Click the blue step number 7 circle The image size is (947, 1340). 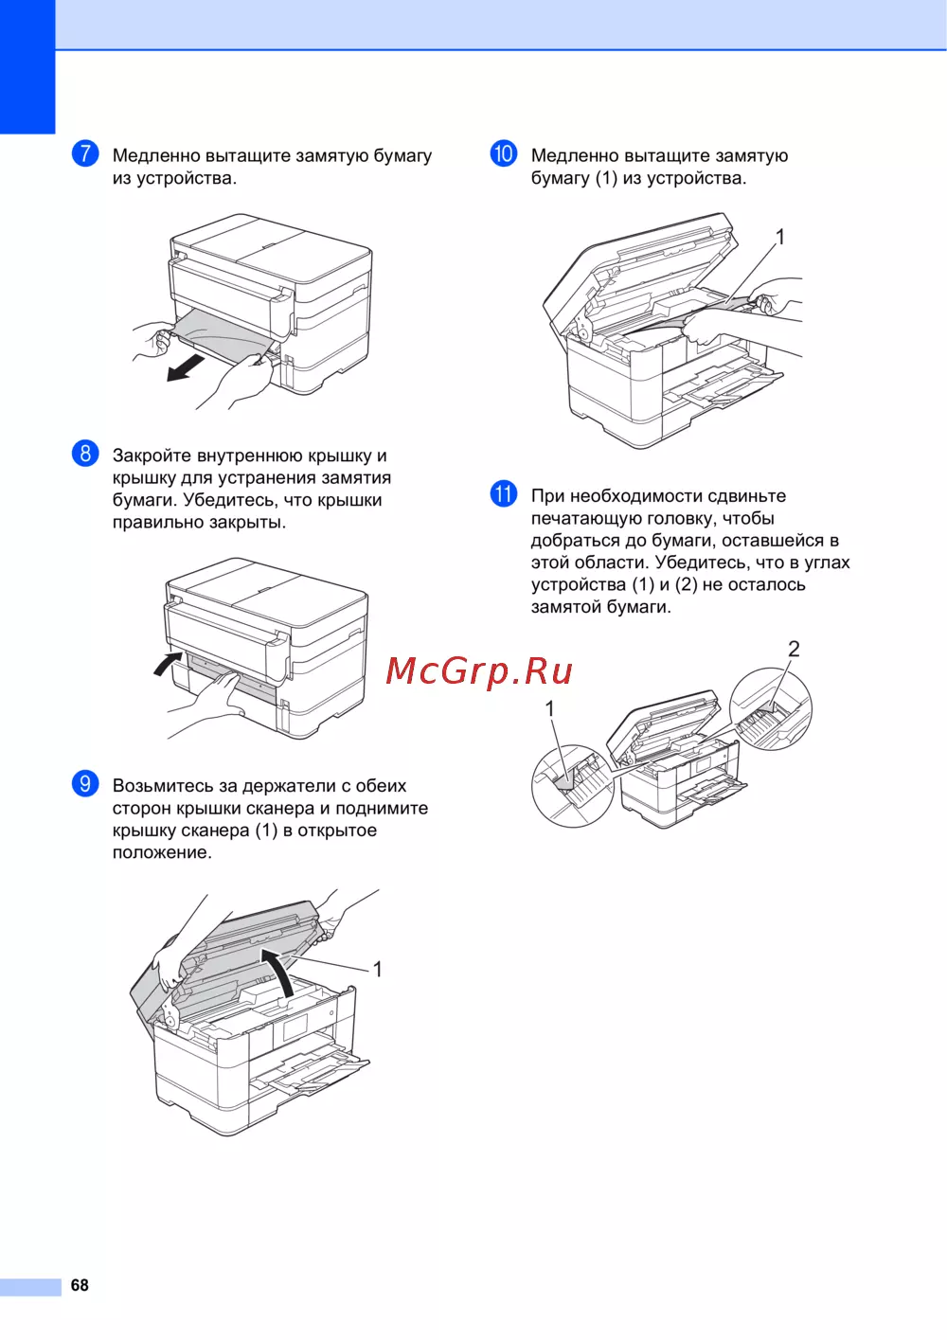click(85, 153)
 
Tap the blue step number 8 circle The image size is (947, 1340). click(85, 454)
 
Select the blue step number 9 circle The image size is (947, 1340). click(85, 784)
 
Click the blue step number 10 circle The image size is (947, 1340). click(504, 153)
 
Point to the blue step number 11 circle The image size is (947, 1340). click(504, 494)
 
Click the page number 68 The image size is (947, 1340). click(80, 1285)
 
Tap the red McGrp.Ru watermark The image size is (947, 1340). click(479, 670)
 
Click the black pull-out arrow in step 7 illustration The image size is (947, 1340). click(188, 366)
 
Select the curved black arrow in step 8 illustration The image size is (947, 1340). click(168, 664)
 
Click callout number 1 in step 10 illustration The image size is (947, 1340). click(779, 238)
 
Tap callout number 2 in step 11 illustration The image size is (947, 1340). click(794, 649)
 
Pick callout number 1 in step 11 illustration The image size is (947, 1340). click(550, 709)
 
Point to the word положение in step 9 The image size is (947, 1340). click(162, 852)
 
